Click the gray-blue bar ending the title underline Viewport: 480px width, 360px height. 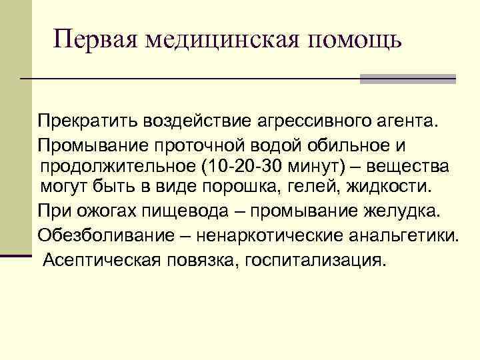click(x=407, y=79)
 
